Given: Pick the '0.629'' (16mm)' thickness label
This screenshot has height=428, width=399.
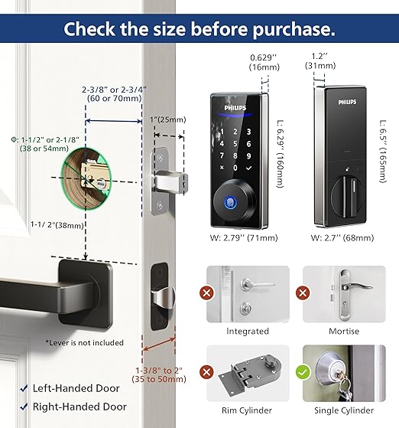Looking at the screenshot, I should click(264, 62).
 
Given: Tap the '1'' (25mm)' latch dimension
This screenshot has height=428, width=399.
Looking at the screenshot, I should click(168, 120).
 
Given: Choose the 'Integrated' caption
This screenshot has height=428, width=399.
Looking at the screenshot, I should click(248, 332).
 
